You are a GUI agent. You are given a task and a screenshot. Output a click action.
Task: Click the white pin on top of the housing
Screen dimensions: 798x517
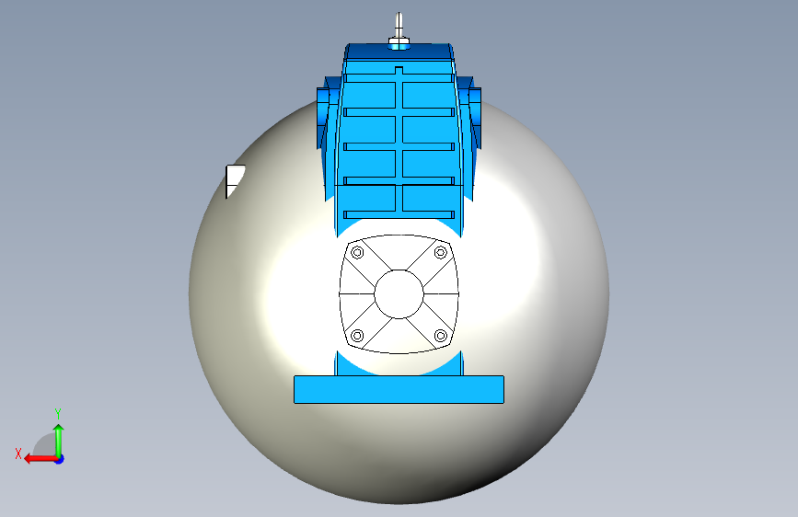pos(399,26)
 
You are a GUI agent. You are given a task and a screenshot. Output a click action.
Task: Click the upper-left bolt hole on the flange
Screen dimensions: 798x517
pos(357,252)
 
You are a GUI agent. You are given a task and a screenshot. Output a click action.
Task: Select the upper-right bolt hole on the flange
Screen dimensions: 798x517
pos(441,252)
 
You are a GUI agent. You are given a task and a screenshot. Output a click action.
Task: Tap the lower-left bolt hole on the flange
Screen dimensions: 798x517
pos(357,336)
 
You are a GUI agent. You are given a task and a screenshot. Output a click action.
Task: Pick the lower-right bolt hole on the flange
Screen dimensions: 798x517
pos(441,336)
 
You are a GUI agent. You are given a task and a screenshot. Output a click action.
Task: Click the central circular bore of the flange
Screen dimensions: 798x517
pos(399,294)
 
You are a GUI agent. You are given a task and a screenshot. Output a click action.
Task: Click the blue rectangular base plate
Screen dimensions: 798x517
pos(399,390)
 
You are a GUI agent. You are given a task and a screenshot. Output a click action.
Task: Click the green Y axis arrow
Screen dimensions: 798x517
pos(59,441)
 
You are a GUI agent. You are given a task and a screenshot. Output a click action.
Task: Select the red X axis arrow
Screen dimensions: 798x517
pos(41,459)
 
